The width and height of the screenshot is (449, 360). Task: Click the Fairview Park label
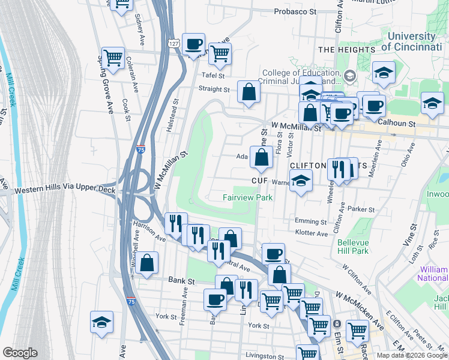click(247, 197)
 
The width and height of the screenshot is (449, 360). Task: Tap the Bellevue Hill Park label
click(352, 247)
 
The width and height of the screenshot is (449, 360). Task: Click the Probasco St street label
click(295, 11)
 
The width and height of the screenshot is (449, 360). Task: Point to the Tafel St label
click(212, 76)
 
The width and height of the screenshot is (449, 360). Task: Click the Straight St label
click(214, 89)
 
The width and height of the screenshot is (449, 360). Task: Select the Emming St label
click(309, 221)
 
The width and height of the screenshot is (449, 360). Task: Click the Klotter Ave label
click(312, 233)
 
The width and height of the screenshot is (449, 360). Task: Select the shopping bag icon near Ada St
click(262, 158)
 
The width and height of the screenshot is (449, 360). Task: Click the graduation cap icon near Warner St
click(301, 179)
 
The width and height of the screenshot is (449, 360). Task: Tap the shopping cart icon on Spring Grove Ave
click(113, 58)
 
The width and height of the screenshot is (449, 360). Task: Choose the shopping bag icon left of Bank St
click(146, 262)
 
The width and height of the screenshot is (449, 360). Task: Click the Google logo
click(20, 353)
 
